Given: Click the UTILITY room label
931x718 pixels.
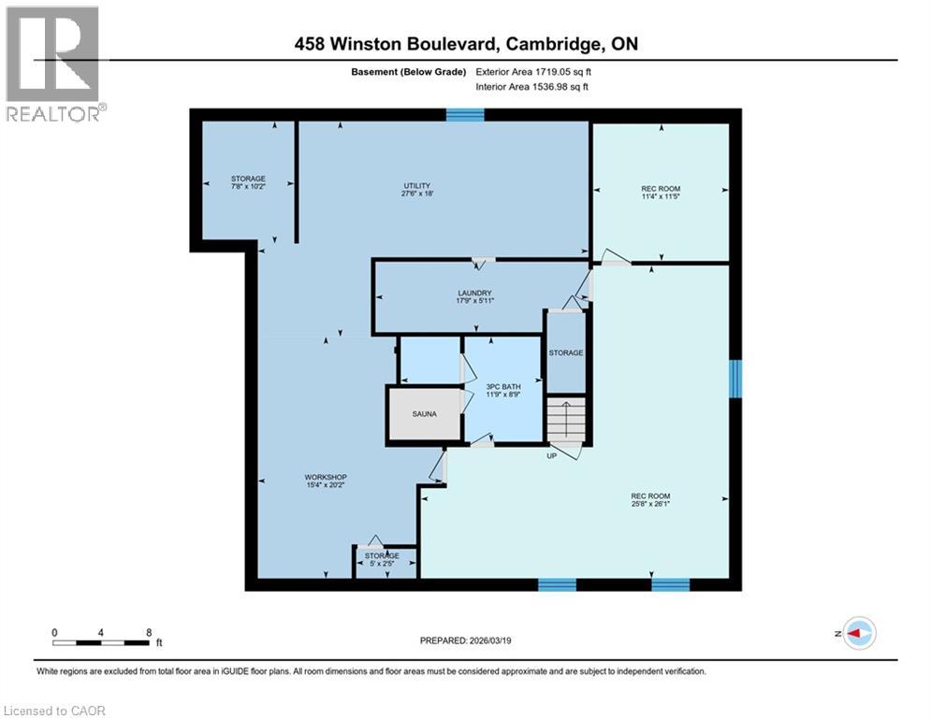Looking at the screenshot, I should tap(416, 185).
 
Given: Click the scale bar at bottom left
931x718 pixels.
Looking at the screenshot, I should tap(101, 642).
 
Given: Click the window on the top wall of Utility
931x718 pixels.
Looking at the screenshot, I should tap(465, 115).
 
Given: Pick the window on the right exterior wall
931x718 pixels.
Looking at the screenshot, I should tap(735, 379).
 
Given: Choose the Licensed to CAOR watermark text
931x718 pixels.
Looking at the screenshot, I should tap(54, 711).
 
